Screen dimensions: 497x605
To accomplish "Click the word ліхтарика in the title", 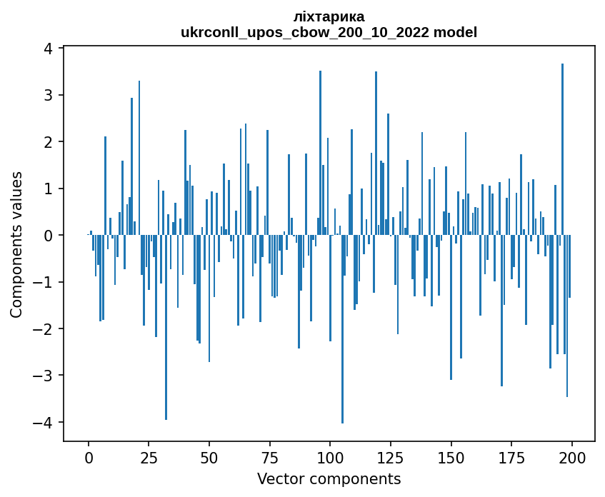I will click(x=329, y=16).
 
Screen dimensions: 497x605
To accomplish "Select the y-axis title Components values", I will click(x=16, y=244).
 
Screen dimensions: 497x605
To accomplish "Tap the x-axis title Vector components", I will click(x=329, y=478).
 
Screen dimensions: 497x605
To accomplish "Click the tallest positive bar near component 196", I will click(x=562, y=150).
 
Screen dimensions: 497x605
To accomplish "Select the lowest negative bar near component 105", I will click(x=342, y=328).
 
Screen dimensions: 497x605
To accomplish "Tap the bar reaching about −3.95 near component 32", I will click(x=166, y=327).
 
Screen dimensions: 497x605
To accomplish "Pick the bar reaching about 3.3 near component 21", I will click(x=139, y=158).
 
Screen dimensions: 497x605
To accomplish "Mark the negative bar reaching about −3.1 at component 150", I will click(x=451, y=307).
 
